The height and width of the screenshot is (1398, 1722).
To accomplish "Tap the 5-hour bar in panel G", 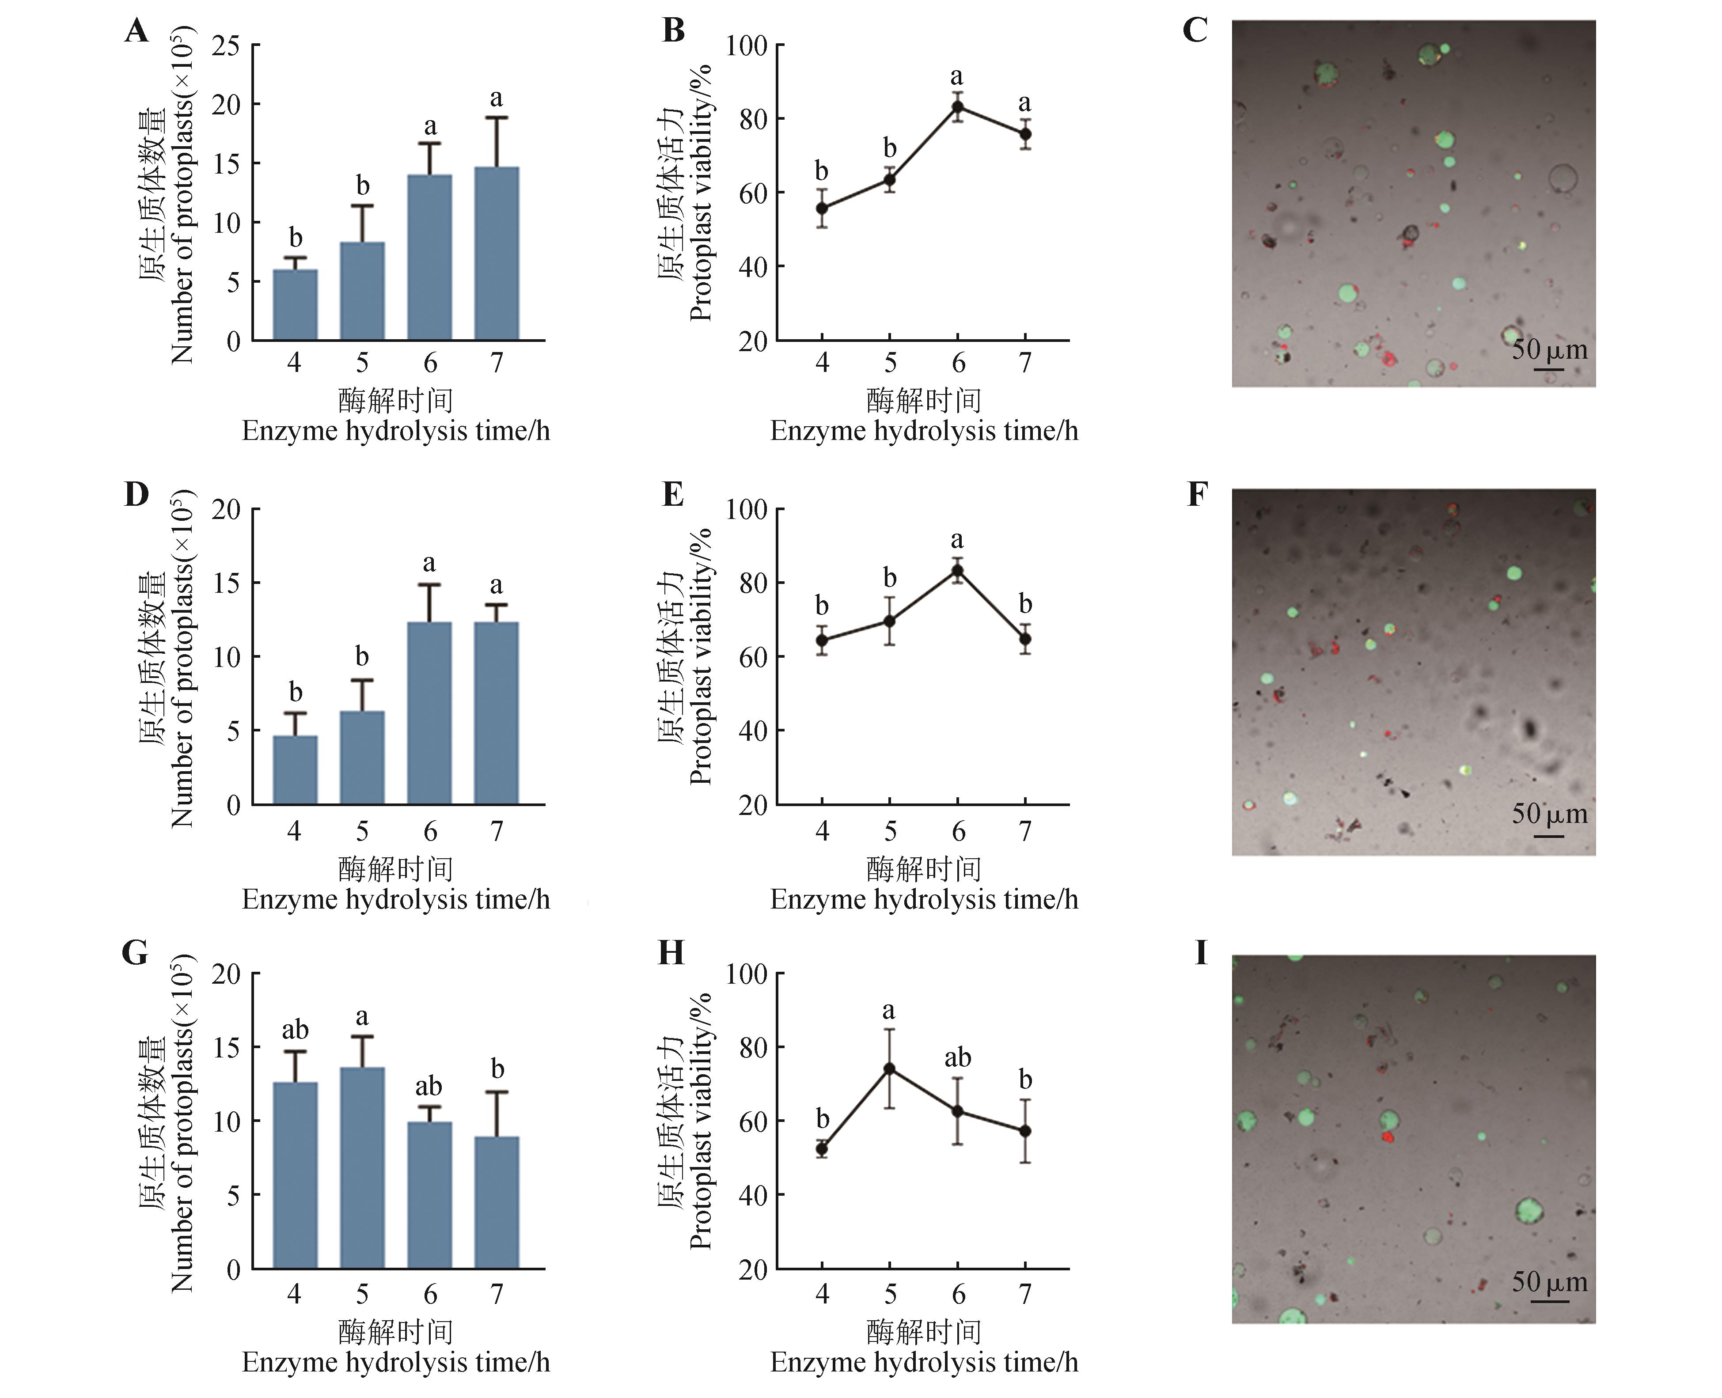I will coord(362,1168).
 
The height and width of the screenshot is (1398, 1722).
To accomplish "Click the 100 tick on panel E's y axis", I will coord(746,510).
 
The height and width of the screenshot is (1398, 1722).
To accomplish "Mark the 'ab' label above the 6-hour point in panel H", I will coord(958,1057).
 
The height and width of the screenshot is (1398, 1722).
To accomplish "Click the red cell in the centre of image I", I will coord(1387,1137).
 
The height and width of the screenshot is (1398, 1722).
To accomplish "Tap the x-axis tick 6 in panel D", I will coord(430,831).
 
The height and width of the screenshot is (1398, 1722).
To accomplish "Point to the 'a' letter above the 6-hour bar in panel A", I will coord(430,126).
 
